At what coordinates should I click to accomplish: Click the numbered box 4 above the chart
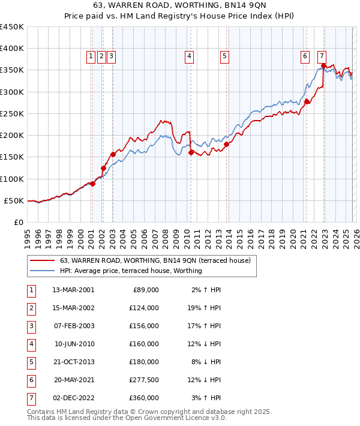point(189,56)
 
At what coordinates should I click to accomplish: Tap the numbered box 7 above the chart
point(322,56)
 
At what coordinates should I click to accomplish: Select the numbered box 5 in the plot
point(224,56)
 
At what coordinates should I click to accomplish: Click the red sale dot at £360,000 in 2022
point(323,66)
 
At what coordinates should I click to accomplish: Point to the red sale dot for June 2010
point(191,152)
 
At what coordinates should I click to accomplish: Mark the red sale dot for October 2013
point(227,144)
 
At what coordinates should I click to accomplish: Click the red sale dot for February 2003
point(113,154)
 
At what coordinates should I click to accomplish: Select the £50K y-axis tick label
point(14,200)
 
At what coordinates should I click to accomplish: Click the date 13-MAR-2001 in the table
point(74,290)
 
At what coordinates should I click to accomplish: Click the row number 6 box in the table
point(30,380)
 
